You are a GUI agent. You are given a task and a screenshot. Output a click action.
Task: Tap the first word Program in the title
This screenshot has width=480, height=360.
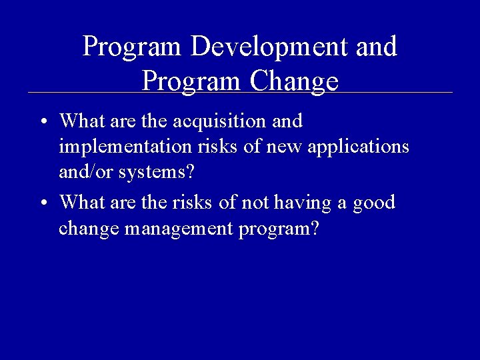pos(132,47)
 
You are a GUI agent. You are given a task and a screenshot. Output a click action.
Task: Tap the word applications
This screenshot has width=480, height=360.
pos(361,147)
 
